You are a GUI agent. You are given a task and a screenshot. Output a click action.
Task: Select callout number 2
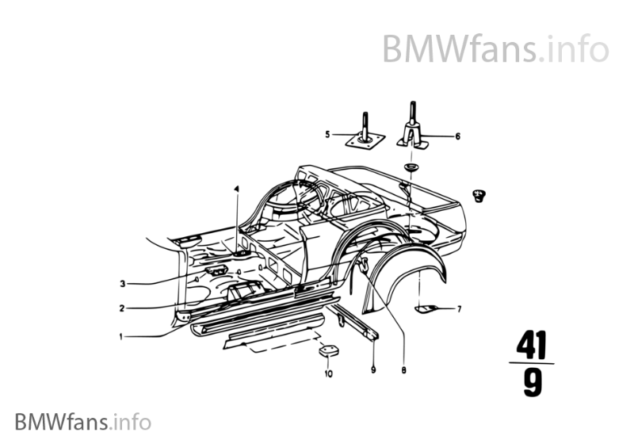(x=121, y=308)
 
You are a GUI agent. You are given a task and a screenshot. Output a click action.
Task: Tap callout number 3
(x=122, y=283)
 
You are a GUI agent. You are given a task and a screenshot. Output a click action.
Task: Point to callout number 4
(x=235, y=189)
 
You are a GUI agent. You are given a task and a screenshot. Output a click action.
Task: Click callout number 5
(x=327, y=136)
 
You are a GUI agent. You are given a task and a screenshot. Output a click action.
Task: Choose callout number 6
(x=457, y=136)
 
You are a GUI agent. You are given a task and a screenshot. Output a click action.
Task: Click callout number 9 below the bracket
(x=372, y=369)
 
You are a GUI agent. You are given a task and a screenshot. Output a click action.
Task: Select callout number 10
(x=328, y=373)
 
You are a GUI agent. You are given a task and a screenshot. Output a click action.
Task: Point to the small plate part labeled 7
(x=428, y=308)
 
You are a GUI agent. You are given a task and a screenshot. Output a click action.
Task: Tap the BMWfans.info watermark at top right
(x=495, y=49)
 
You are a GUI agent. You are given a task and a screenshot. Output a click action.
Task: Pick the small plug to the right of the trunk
(x=479, y=196)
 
